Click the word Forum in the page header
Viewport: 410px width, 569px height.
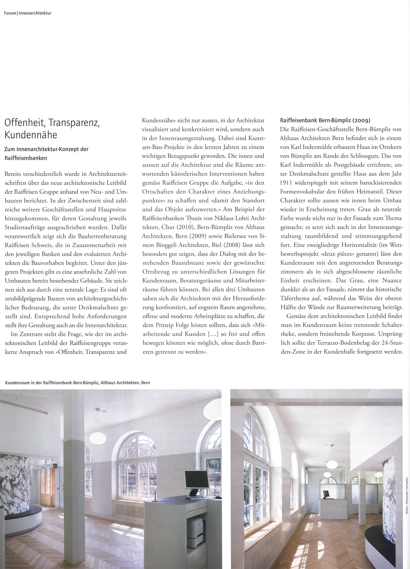pos(10,13)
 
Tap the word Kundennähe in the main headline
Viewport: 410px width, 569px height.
pos(31,135)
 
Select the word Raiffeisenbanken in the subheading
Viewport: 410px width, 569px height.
pos(26,158)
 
